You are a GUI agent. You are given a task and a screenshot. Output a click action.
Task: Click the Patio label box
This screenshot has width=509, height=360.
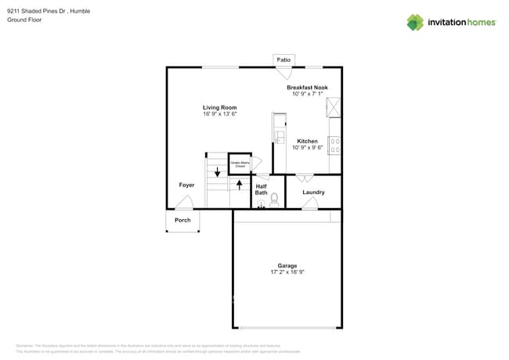point(283,59)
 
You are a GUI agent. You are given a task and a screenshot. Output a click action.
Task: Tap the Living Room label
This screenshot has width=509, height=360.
point(219,107)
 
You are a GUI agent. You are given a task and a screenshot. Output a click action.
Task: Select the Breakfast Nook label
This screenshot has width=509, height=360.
point(307,88)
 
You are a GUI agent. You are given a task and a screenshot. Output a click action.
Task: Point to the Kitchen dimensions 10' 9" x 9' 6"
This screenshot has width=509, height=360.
point(307,148)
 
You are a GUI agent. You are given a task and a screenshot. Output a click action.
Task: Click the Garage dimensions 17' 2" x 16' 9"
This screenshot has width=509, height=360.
point(287,272)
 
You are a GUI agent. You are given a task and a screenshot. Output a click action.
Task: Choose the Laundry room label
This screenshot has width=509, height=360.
point(313,192)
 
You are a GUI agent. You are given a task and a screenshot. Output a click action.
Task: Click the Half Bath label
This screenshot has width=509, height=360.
point(261,189)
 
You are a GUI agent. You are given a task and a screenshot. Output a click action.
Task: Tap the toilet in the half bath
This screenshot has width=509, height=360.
point(274,200)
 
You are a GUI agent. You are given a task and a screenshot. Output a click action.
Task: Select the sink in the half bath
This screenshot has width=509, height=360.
point(262,203)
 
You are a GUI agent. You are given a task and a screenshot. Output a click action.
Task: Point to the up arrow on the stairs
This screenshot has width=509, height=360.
point(239,185)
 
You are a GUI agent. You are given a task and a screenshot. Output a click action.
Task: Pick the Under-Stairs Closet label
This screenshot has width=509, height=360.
point(240,164)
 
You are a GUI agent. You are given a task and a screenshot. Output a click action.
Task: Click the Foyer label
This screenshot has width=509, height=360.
point(186,185)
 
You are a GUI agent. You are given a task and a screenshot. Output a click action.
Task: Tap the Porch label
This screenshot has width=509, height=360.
point(182,220)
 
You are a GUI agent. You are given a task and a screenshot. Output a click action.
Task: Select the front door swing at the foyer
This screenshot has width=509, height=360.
point(184,203)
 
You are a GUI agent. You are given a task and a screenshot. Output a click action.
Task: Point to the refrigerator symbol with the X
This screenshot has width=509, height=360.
point(334,106)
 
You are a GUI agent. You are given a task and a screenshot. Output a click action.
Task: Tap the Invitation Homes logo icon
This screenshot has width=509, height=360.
point(414,22)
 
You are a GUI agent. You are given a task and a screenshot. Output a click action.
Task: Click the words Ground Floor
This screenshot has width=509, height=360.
point(24,20)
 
